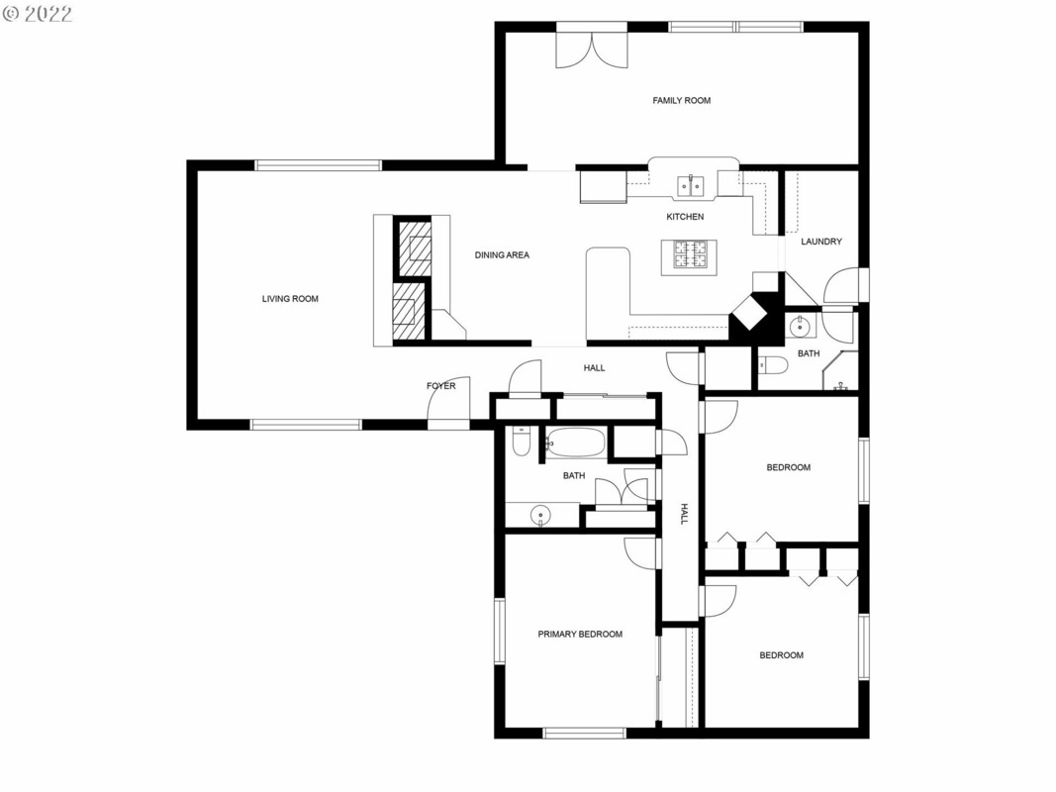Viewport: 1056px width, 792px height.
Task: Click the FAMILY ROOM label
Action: pyautogui.click(x=682, y=100)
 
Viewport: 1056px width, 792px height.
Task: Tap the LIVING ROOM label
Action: pyautogui.click(x=290, y=298)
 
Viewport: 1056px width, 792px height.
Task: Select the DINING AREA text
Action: pyautogui.click(x=502, y=254)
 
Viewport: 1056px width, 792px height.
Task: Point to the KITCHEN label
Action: pyautogui.click(x=685, y=216)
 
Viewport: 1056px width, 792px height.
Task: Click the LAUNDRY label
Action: pyautogui.click(x=821, y=242)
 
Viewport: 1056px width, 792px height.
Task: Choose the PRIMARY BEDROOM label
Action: pyautogui.click(x=580, y=634)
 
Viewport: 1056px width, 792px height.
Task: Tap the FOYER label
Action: pyautogui.click(x=441, y=386)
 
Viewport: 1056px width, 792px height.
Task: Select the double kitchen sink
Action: pyautogui.click(x=690, y=184)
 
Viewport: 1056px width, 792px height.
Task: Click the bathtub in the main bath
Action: pyautogui.click(x=575, y=444)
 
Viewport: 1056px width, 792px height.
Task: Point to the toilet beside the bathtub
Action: pyautogui.click(x=522, y=442)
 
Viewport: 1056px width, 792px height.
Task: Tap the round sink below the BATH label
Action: pyautogui.click(x=540, y=516)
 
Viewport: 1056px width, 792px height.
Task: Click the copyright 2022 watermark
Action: pyautogui.click(x=37, y=14)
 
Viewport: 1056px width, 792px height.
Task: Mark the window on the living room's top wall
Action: pyautogui.click(x=318, y=165)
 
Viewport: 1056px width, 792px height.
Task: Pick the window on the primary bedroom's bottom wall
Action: pyautogui.click(x=585, y=733)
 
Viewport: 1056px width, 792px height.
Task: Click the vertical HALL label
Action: pyautogui.click(x=684, y=513)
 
